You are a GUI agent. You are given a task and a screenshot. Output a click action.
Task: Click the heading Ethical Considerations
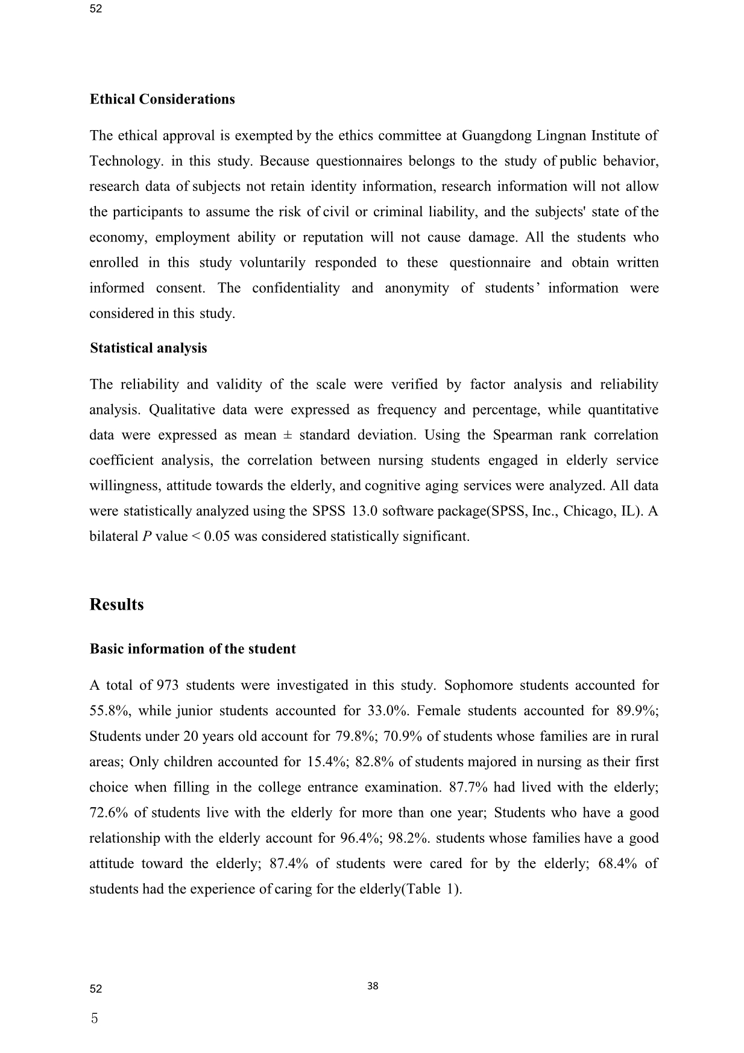[x=162, y=99]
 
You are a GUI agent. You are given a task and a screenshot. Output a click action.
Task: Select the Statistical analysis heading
[x=148, y=348]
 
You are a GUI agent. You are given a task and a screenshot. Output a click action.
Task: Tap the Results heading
[x=116, y=604]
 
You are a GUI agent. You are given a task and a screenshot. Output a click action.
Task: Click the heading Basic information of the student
[x=192, y=649]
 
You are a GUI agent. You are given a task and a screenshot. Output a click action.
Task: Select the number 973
[x=168, y=686]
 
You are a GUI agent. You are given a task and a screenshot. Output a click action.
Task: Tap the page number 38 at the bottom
[x=373, y=986]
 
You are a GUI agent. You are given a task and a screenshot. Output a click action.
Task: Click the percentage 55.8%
[x=110, y=711]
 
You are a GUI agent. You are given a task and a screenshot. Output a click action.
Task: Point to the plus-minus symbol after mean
[x=288, y=436]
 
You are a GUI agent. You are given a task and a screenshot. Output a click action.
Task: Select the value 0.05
[x=217, y=537]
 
